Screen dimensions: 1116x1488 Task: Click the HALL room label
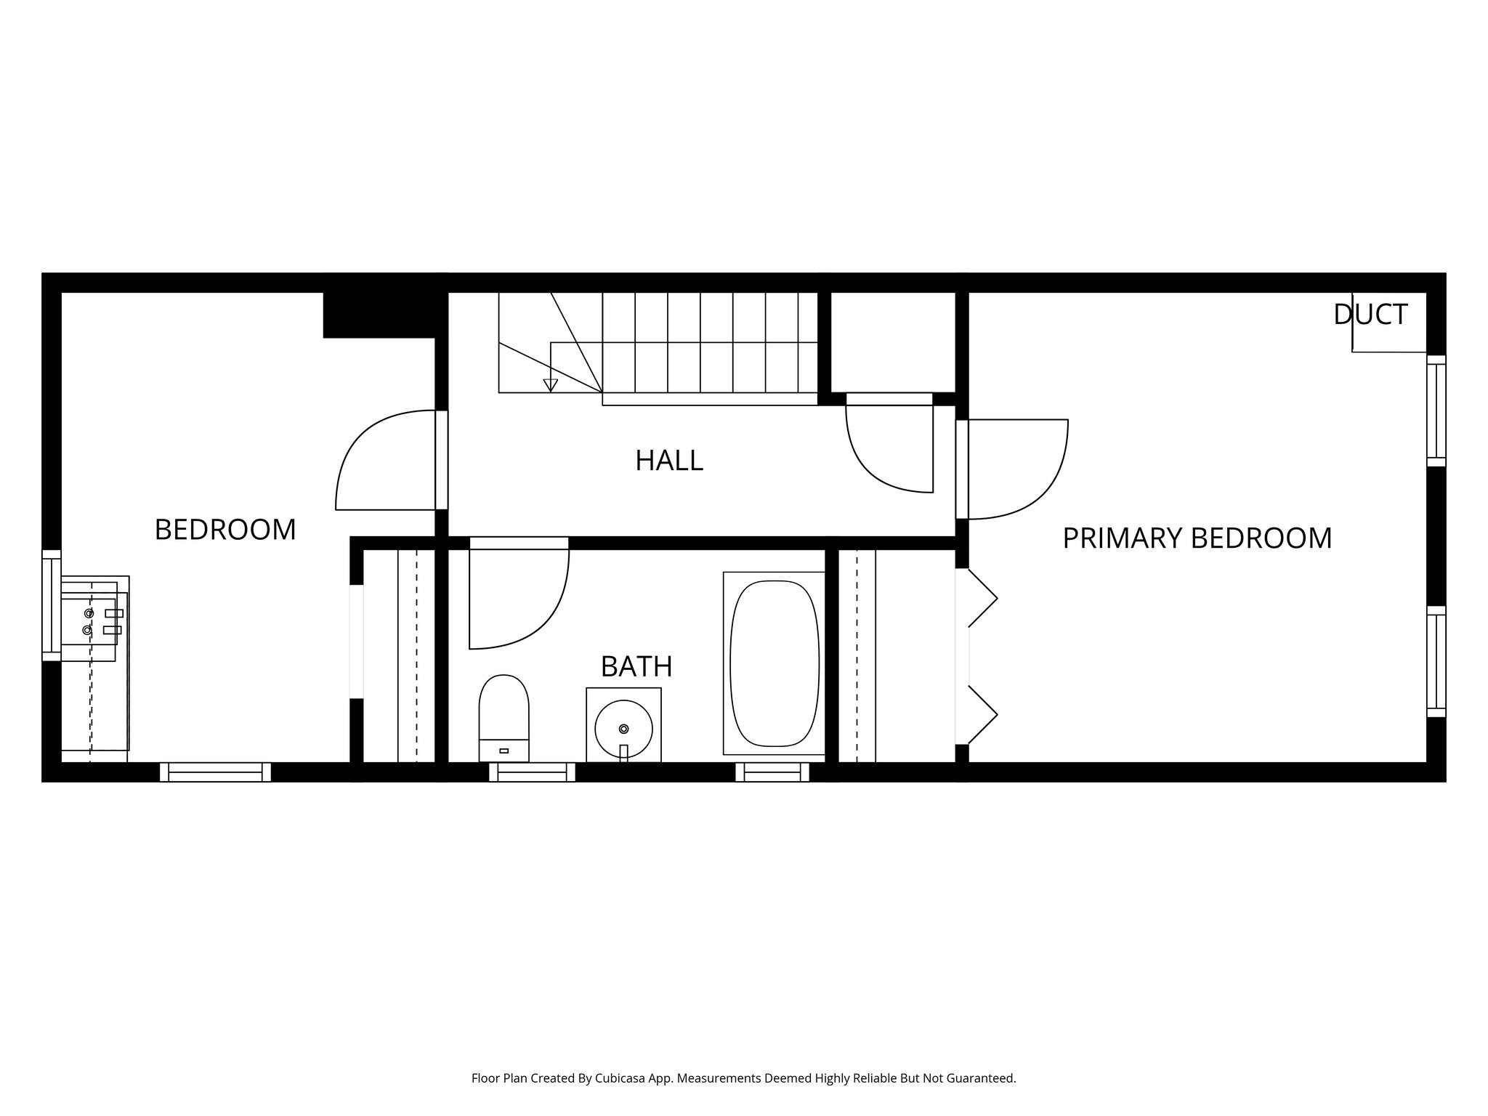[x=668, y=461]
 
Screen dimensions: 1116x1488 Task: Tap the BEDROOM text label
[x=225, y=530]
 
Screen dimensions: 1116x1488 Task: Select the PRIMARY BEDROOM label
[x=1197, y=538]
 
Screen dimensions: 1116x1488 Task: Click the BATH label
[x=636, y=666]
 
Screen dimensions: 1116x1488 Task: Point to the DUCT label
[x=1370, y=315]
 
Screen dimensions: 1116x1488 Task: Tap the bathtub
[x=774, y=663]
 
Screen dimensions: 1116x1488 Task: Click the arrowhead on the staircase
[x=551, y=385]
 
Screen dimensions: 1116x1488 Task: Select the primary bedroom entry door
[x=1017, y=469]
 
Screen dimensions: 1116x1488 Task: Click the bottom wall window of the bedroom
[x=215, y=772]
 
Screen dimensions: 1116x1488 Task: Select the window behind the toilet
[x=532, y=772]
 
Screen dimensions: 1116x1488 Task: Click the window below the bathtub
[x=772, y=772]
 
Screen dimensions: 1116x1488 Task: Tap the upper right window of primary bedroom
[x=1436, y=411]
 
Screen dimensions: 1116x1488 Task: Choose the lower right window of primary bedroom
[x=1436, y=661]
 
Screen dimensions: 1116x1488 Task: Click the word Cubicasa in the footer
[x=621, y=1078]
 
